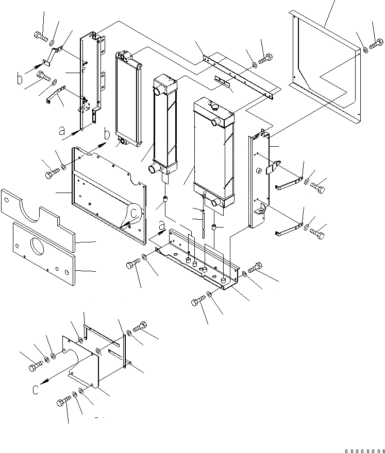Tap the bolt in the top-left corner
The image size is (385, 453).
click(41, 36)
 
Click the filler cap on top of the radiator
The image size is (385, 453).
click(213, 107)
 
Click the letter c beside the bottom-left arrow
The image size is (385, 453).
click(36, 390)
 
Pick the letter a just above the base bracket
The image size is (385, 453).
click(161, 224)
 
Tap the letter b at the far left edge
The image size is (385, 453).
click(20, 80)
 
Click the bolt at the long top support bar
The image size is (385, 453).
click(265, 59)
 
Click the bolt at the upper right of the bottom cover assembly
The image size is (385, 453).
click(140, 327)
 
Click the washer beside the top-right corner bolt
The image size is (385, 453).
click(365, 49)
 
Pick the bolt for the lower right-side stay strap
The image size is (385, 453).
click(317, 232)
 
